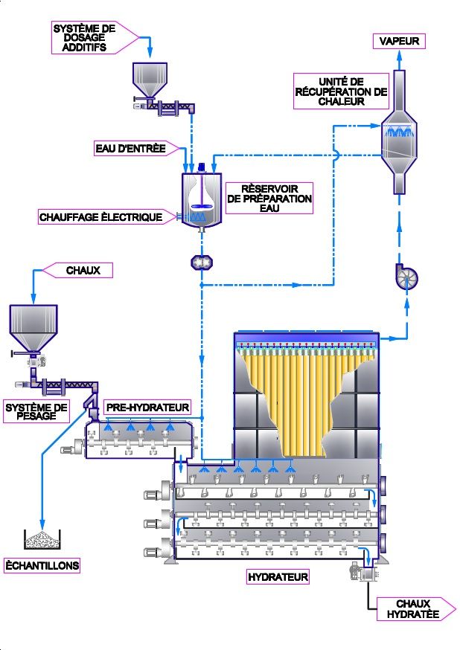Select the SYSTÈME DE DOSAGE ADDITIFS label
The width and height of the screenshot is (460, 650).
coord(83,38)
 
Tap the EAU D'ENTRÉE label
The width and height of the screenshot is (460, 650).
coord(131,148)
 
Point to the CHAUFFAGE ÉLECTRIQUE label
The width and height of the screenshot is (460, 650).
coord(101,217)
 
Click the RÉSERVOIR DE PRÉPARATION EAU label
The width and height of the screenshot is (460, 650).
coord(269,199)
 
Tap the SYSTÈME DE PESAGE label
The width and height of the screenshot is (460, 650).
coord(36,412)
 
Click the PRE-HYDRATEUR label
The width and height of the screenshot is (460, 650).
coord(147,408)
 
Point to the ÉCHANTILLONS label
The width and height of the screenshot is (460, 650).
coord(42,565)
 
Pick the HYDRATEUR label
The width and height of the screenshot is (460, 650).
coord(278,576)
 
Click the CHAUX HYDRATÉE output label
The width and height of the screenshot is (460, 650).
coord(413,609)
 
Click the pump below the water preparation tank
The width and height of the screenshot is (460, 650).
coord(202,263)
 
